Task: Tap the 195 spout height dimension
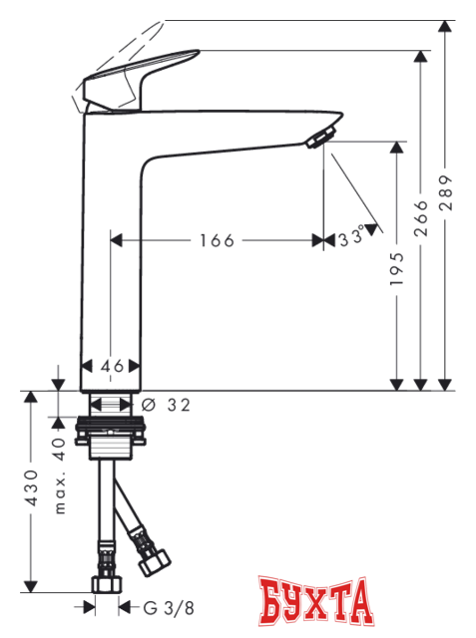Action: pyautogui.click(x=398, y=269)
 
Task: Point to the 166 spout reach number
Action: pyautogui.click(x=216, y=240)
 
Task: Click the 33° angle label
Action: pyautogui.click(x=350, y=239)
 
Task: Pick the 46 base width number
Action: pyautogui.click(x=112, y=366)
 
